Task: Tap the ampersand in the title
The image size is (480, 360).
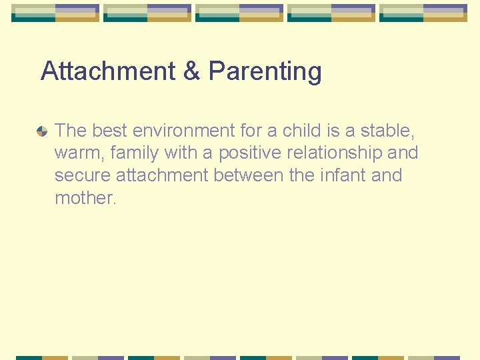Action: [x=191, y=71]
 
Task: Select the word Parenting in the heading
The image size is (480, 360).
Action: [x=265, y=72]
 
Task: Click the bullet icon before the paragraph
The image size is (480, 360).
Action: [x=42, y=131]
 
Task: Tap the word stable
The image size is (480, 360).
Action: [x=388, y=130]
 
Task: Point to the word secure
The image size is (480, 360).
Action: [x=83, y=176]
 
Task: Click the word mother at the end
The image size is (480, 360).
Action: [x=85, y=198]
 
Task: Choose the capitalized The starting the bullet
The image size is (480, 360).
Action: [x=71, y=130]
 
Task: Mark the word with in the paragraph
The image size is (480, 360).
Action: [x=180, y=153]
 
